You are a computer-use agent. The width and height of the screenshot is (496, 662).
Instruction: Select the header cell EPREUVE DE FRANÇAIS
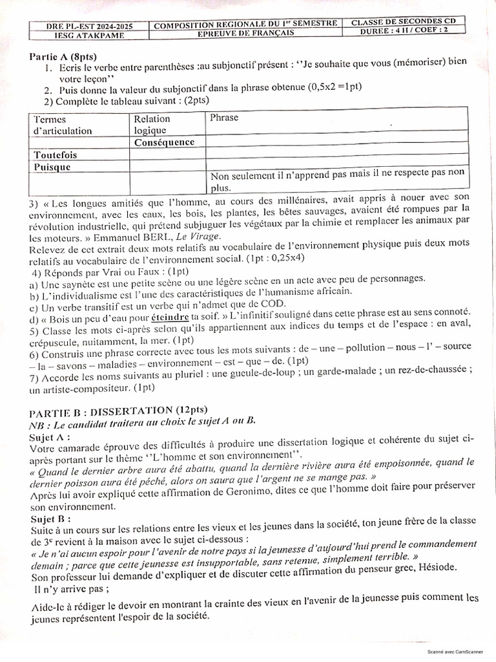click(x=246, y=32)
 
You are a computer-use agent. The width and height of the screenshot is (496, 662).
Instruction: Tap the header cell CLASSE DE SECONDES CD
click(x=403, y=21)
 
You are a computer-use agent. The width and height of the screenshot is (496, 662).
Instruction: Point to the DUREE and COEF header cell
click(x=403, y=32)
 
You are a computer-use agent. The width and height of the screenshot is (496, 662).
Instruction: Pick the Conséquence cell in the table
click(x=164, y=142)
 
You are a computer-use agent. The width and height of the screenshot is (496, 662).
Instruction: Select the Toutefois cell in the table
click(x=56, y=155)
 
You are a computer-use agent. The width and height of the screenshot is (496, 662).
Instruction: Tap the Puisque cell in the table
click(x=52, y=167)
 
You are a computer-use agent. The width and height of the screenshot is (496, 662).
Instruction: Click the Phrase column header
click(x=224, y=118)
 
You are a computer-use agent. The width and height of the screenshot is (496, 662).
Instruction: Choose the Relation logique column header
click(x=152, y=124)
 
